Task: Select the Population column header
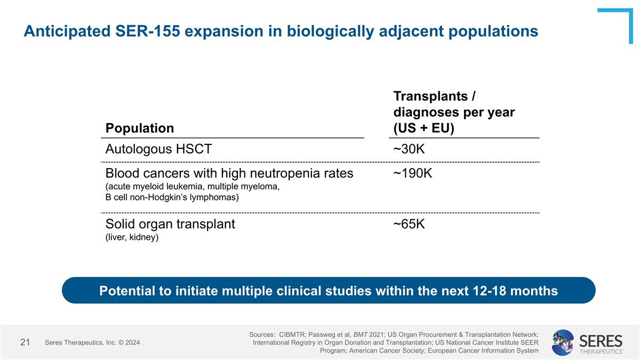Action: (x=139, y=128)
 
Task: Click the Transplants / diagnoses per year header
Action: (x=453, y=113)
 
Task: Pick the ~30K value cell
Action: (x=409, y=149)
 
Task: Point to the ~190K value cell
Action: (x=413, y=173)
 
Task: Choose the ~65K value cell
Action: (x=409, y=224)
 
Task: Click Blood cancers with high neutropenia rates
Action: (x=229, y=173)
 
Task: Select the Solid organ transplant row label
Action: (x=170, y=224)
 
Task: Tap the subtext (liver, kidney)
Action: (x=132, y=237)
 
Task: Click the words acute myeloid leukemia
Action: (x=148, y=187)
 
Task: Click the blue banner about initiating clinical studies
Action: (x=329, y=291)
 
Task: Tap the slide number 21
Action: (x=25, y=342)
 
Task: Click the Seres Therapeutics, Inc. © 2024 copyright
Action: (x=92, y=342)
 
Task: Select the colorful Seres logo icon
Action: (x=563, y=342)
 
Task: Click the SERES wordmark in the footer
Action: (x=601, y=340)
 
